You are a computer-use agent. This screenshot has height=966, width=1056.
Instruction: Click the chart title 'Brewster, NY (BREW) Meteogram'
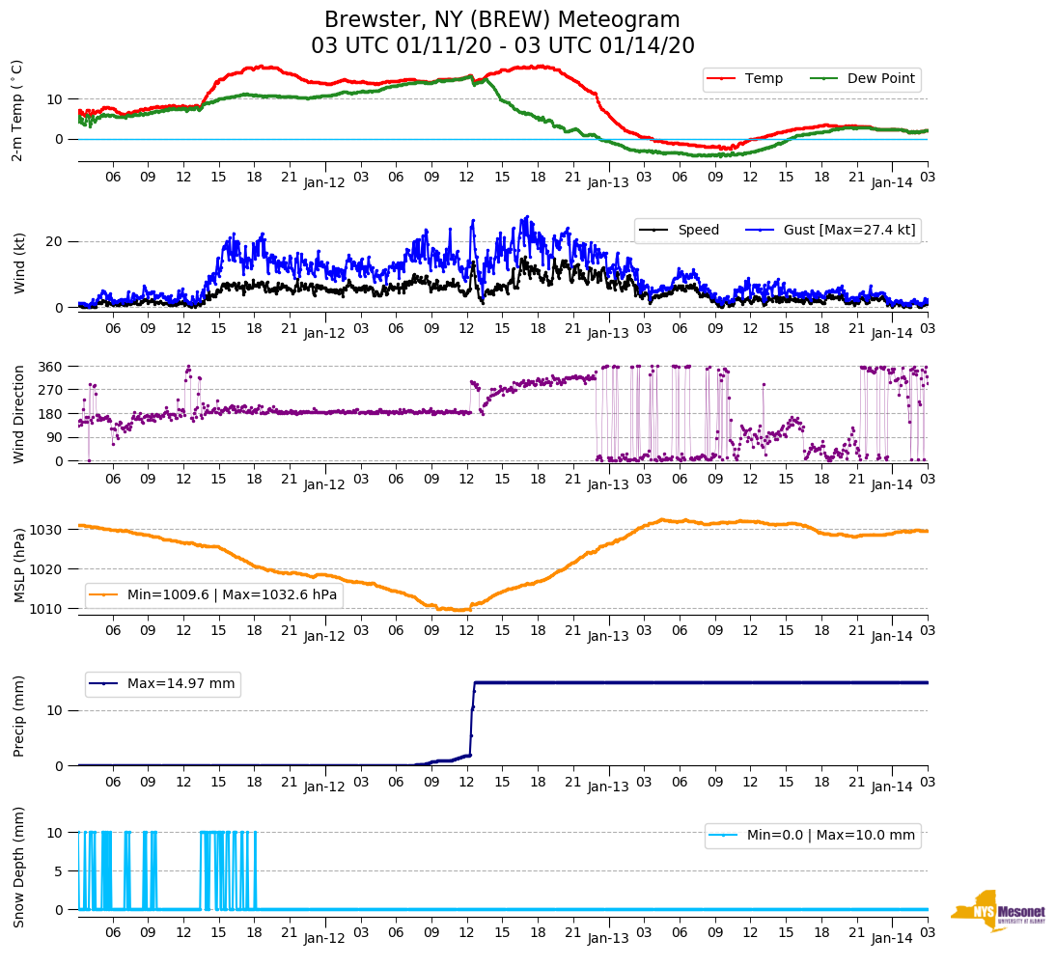502,20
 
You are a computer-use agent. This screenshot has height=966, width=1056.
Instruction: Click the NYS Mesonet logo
998,910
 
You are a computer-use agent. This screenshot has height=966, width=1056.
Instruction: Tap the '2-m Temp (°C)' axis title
16,110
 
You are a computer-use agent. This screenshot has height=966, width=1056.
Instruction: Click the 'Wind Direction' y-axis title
18,413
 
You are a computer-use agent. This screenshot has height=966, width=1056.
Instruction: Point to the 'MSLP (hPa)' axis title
18,565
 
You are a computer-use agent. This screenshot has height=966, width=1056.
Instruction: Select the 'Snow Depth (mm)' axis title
18,867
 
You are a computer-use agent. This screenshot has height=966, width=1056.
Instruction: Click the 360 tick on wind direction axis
51,367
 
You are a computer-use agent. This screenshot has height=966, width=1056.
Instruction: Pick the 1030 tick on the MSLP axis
47,530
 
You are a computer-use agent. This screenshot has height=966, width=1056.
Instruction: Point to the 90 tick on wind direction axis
55,437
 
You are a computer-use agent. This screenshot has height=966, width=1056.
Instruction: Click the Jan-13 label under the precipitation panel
608,787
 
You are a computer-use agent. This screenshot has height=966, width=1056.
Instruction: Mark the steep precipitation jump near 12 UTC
473,714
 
